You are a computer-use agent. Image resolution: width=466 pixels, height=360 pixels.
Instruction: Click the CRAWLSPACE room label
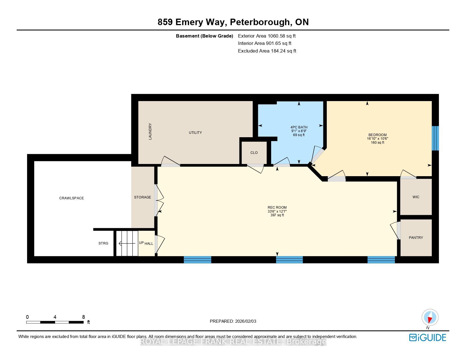pyautogui.click(x=71, y=198)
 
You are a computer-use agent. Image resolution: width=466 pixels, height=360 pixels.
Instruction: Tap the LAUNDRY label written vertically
pyautogui.click(x=150, y=132)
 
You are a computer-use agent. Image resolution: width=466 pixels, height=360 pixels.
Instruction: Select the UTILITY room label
pyautogui.click(x=195, y=132)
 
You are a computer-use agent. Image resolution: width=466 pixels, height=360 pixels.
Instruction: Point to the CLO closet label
pyautogui.click(x=254, y=153)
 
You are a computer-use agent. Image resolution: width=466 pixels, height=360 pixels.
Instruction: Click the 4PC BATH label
pyautogui.click(x=299, y=127)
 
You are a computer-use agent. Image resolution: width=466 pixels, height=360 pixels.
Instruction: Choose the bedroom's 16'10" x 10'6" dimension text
pyautogui.click(x=377, y=139)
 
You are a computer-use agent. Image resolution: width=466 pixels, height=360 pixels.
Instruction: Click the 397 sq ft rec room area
pyautogui.click(x=277, y=215)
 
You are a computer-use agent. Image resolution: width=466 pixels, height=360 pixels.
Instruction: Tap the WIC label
pyautogui.click(x=416, y=197)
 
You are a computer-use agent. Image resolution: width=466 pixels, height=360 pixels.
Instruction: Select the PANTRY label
pyautogui.click(x=416, y=237)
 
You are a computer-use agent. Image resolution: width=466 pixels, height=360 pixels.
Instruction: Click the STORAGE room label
pyautogui.click(x=143, y=197)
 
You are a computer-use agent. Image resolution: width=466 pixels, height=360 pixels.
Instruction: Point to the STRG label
pyautogui.click(x=103, y=243)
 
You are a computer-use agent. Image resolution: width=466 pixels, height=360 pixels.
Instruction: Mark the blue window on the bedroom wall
pyautogui.click(x=435, y=138)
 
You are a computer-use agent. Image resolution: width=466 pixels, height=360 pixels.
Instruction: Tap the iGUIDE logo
pyautogui.click(x=428, y=337)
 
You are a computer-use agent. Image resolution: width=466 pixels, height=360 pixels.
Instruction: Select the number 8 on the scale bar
pyautogui.click(x=83, y=317)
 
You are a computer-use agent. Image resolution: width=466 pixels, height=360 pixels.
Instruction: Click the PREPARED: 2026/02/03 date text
pyautogui.click(x=233, y=321)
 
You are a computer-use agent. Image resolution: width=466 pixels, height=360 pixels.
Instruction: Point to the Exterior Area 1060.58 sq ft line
pyautogui.click(x=267, y=36)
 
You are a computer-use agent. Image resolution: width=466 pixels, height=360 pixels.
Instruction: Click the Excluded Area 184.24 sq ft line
pyautogui.click(x=267, y=51)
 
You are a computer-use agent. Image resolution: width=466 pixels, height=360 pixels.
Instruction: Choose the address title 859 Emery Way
pyautogui.click(x=192, y=22)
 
